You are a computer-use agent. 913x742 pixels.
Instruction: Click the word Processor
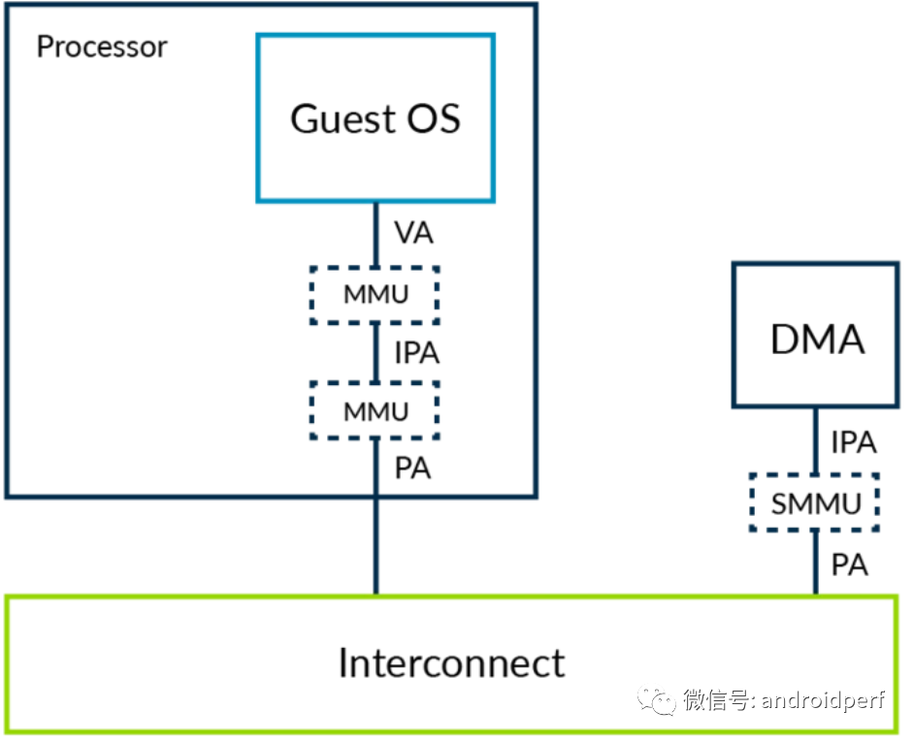[102, 47]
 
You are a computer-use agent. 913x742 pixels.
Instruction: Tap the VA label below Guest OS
[414, 234]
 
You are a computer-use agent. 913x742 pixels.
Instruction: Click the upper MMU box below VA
[375, 295]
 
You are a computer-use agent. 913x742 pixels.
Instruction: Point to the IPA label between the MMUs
[416, 353]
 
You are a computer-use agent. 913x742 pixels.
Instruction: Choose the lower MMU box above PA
[375, 410]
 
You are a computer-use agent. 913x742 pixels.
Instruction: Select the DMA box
[815, 336]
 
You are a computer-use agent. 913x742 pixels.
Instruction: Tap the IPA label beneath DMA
[854, 442]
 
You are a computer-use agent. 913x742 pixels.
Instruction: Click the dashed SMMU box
[815, 503]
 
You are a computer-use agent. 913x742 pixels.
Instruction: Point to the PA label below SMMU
[850, 564]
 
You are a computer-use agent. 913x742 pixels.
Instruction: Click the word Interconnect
[451, 663]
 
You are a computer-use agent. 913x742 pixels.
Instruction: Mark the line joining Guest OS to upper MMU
[375, 234]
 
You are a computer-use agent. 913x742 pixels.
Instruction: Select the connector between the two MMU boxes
[375, 353]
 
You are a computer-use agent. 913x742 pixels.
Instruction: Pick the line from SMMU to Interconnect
[815, 564]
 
